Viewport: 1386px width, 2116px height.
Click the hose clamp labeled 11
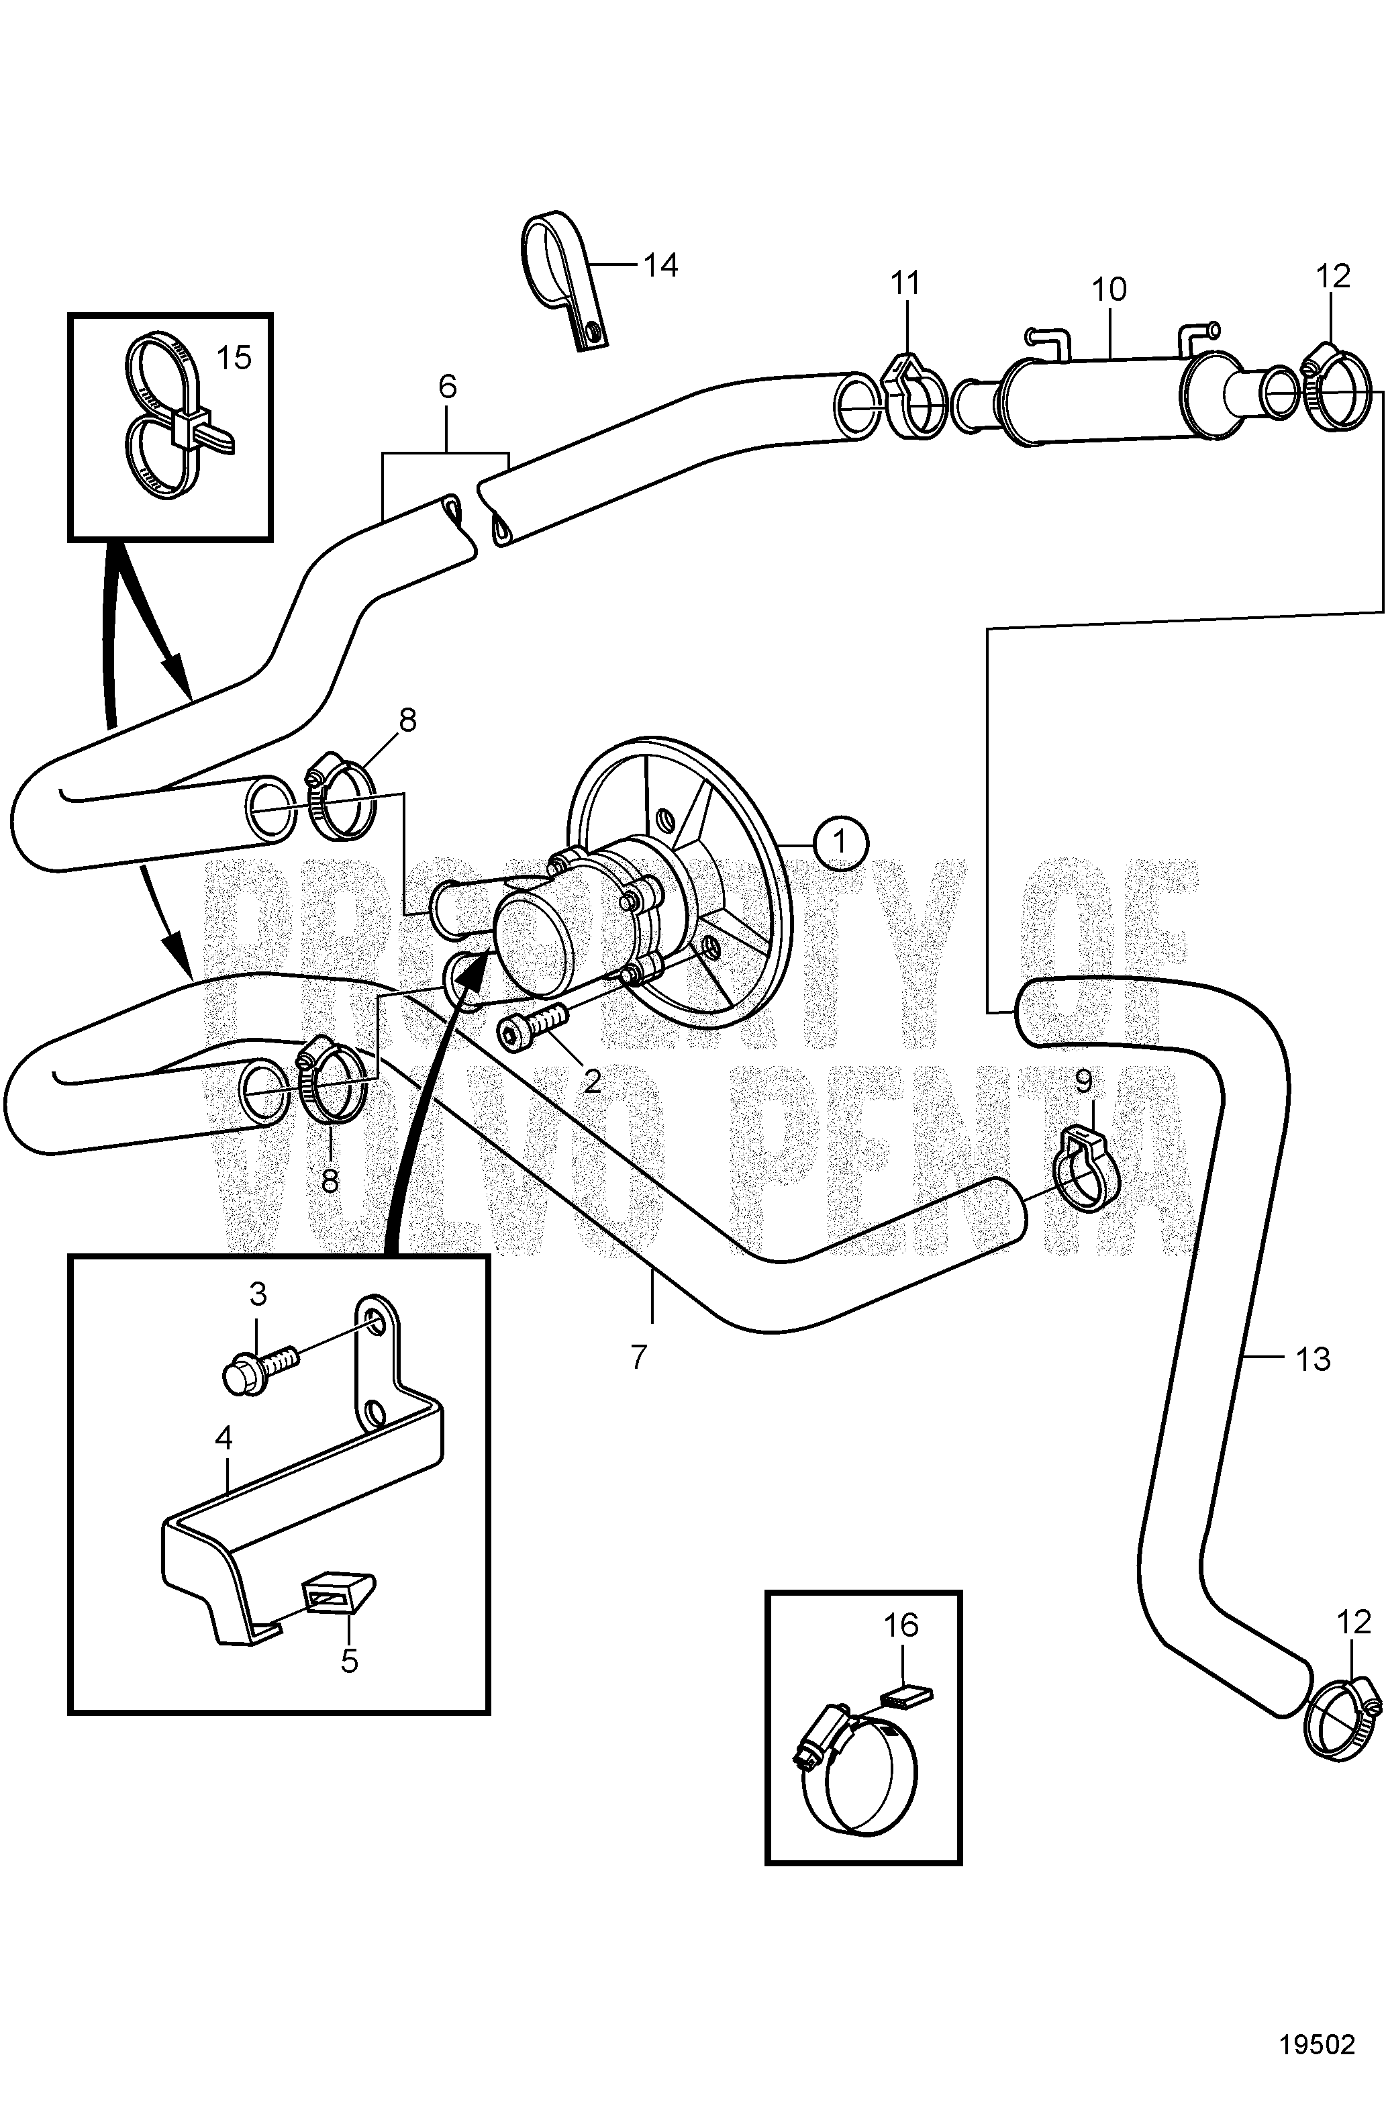point(914,395)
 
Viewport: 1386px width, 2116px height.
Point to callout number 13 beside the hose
point(1313,1359)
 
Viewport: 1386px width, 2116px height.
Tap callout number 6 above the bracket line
point(446,387)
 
